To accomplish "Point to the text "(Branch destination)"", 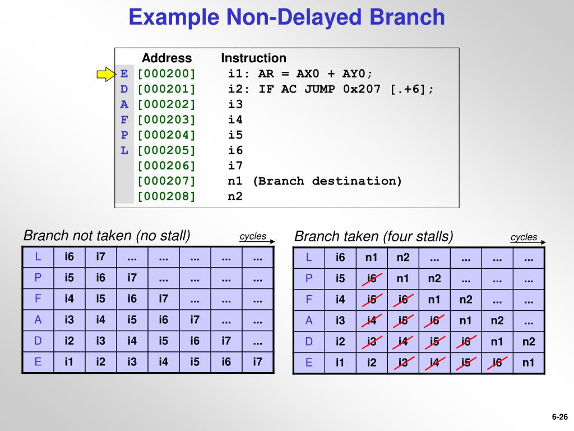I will [327, 181].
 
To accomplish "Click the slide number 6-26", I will [559, 416].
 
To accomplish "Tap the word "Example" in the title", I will [174, 17].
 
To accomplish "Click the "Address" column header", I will [166, 58].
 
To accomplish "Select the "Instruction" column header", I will [253, 58].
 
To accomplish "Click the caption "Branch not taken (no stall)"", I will [107, 235].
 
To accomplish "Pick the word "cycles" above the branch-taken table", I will [524, 237].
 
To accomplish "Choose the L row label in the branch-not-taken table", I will [38, 257].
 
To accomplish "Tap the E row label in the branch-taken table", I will [309, 363].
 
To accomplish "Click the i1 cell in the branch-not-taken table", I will [69, 362].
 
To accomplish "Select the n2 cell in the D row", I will [528, 342].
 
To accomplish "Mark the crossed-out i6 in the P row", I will [372, 279].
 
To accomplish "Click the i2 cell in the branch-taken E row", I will [372, 363].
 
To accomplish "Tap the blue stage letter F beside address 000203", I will [124, 120].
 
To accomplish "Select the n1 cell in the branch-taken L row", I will [372, 258].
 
